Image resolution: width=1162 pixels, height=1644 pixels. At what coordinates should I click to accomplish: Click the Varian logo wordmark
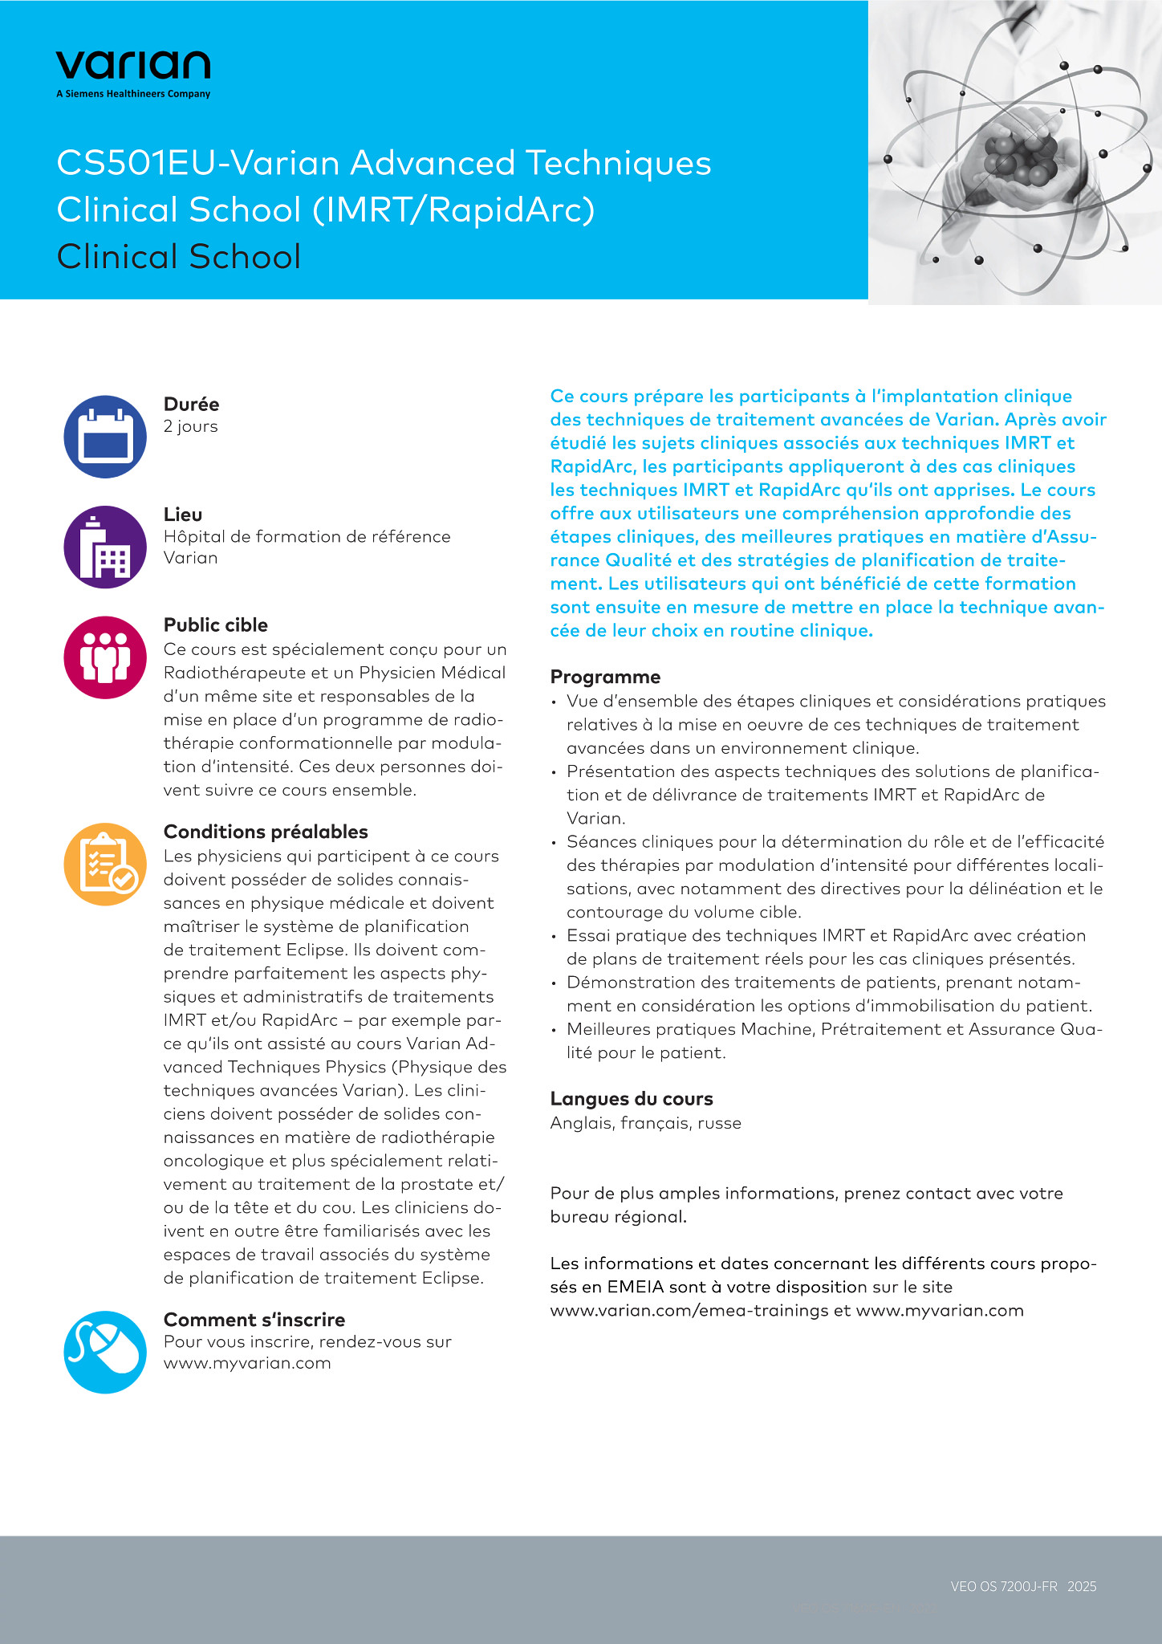(x=133, y=65)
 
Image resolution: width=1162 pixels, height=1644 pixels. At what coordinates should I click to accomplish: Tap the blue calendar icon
(x=105, y=437)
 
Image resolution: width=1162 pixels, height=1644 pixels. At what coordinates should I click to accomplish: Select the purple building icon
(x=105, y=547)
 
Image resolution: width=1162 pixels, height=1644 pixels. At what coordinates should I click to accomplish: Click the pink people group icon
(x=105, y=657)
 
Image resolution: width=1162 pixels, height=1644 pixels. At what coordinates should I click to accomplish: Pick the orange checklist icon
(x=105, y=865)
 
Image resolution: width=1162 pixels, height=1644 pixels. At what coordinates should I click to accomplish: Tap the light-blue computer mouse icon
(x=105, y=1352)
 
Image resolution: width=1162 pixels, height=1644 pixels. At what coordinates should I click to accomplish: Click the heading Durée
(x=191, y=404)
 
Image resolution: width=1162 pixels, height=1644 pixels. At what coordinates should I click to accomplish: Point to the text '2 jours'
(x=190, y=426)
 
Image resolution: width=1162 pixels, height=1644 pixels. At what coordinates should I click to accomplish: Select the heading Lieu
(x=183, y=515)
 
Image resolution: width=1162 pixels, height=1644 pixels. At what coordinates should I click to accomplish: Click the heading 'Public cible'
(x=216, y=625)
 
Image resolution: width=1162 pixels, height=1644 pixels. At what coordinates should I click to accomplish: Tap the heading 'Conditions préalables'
(x=266, y=832)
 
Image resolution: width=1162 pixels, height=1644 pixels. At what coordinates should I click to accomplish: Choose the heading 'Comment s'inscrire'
(x=254, y=1320)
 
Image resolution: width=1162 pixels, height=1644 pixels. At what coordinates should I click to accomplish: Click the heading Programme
(x=605, y=677)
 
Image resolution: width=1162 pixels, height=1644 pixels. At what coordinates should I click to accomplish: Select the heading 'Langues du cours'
(x=632, y=1099)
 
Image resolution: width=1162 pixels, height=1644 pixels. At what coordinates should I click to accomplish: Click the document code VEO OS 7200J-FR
(x=1004, y=1586)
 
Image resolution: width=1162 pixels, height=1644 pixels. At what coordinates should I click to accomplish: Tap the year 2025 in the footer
(x=1082, y=1586)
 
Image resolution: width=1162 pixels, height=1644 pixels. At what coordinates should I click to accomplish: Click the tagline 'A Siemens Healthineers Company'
(x=133, y=94)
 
